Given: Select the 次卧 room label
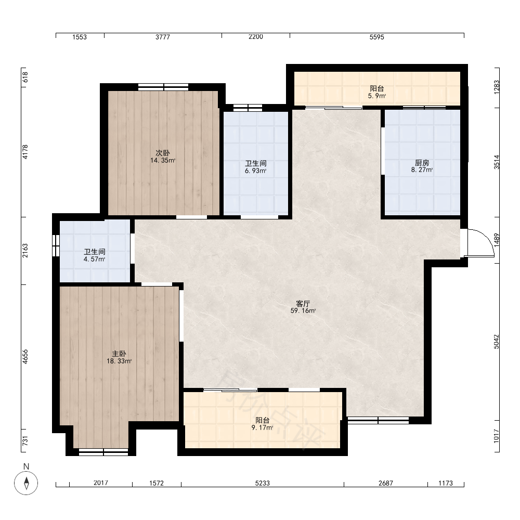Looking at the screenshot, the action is [163, 153].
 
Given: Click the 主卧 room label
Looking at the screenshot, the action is [119, 354].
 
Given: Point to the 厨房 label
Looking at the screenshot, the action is [422, 163].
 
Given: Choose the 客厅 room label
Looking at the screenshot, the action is [303, 304].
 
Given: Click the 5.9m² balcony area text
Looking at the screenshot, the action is [376, 96].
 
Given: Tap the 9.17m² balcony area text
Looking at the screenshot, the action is [262, 428].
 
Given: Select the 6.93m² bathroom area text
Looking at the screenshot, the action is [256, 171].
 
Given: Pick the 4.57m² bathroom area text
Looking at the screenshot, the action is [95, 259].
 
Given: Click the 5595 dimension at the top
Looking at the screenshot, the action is [376, 37].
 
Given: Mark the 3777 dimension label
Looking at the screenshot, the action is [162, 37].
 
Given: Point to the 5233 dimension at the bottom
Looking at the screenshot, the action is [262, 483].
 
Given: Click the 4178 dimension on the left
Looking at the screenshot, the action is [25, 152].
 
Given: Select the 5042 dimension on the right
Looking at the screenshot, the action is [497, 342].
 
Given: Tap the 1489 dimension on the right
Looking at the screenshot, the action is [497, 240].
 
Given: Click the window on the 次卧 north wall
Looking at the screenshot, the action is [163, 87].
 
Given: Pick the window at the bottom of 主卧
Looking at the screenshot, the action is [103, 452].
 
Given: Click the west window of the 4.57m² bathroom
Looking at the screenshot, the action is [56, 245].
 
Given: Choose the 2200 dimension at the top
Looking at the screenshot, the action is [256, 37].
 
